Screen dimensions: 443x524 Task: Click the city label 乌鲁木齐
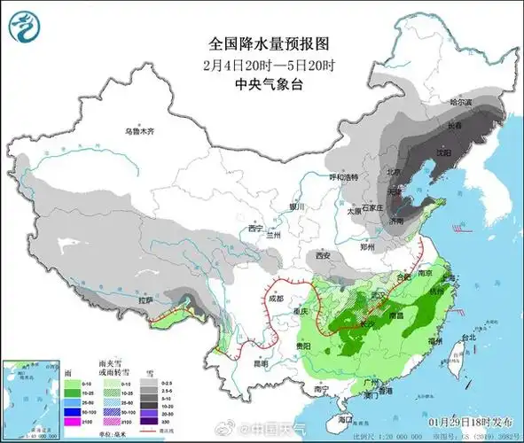[139, 131]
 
